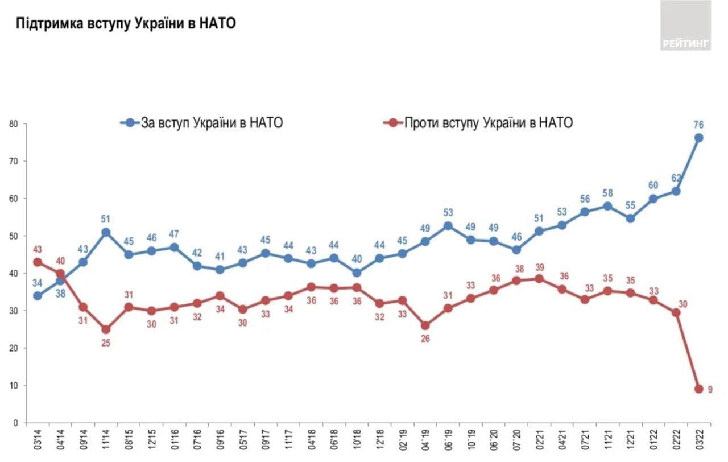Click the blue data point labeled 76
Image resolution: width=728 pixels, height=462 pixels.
pyautogui.click(x=698, y=138)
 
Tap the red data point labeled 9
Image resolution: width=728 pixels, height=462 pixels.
pyautogui.click(x=698, y=389)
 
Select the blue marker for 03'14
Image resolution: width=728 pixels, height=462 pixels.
pyautogui.click(x=38, y=296)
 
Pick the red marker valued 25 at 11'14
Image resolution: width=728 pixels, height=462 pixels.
pyautogui.click(x=106, y=329)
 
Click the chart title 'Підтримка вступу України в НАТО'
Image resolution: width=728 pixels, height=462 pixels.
pyautogui.click(x=126, y=24)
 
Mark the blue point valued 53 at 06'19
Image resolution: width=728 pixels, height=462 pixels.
pyautogui.click(x=448, y=226)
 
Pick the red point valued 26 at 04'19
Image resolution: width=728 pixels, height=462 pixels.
pyautogui.click(x=425, y=326)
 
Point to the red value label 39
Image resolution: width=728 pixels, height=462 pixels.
pyautogui.click(x=540, y=267)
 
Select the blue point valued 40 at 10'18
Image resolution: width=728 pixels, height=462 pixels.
pyautogui.click(x=357, y=273)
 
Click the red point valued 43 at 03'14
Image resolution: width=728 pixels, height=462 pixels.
pyautogui.click(x=38, y=262)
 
